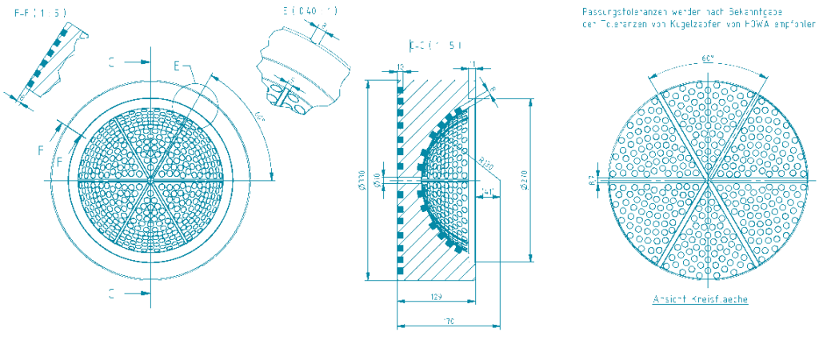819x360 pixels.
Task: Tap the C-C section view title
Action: click(435, 45)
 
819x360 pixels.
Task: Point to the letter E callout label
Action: click(178, 66)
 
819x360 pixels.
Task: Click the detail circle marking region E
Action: click(194, 104)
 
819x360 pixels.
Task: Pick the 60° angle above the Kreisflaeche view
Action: click(708, 59)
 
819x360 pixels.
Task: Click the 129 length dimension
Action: click(437, 297)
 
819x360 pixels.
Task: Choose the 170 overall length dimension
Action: click(449, 321)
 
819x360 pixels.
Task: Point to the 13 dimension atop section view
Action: click(400, 66)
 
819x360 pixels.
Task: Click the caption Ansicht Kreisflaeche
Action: click(701, 299)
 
